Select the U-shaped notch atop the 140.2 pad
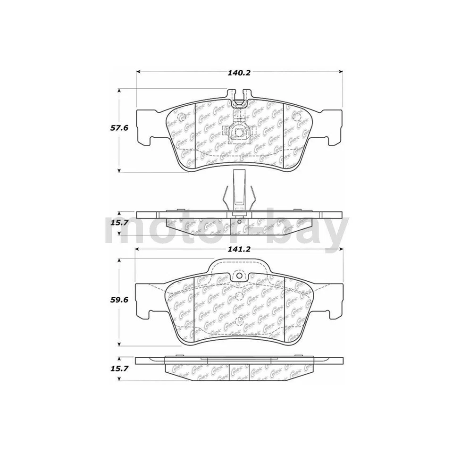[239, 97]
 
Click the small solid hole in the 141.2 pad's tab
[239, 276]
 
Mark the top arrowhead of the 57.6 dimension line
[118, 90]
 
